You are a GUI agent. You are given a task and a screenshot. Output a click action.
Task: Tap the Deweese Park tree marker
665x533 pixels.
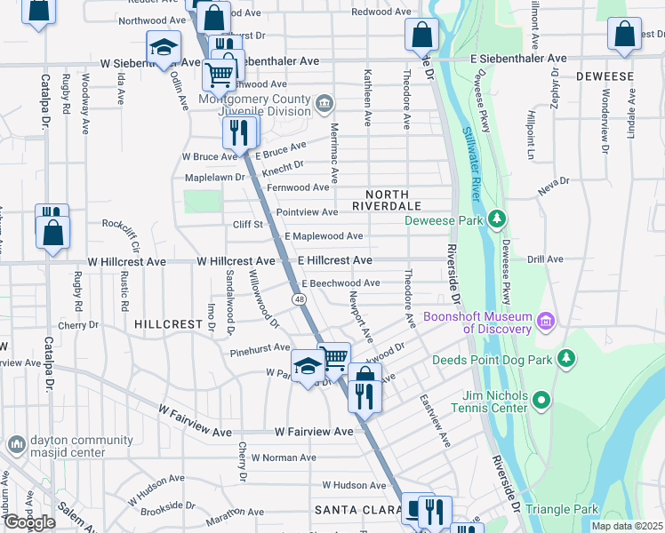click(498, 219)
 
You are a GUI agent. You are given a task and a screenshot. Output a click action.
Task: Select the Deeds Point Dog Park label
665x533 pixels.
click(492, 360)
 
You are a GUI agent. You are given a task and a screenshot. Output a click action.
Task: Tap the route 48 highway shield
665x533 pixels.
click(301, 299)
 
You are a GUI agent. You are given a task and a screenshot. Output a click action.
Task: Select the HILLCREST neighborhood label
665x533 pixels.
click(169, 324)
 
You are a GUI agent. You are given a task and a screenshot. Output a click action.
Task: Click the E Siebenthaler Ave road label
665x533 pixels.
click(518, 58)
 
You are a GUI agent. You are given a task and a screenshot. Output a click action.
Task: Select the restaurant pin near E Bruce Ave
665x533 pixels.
click(238, 133)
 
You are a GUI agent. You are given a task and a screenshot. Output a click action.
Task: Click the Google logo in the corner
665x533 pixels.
click(28, 522)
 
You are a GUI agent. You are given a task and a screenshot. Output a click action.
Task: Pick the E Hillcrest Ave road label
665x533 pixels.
click(334, 260)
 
